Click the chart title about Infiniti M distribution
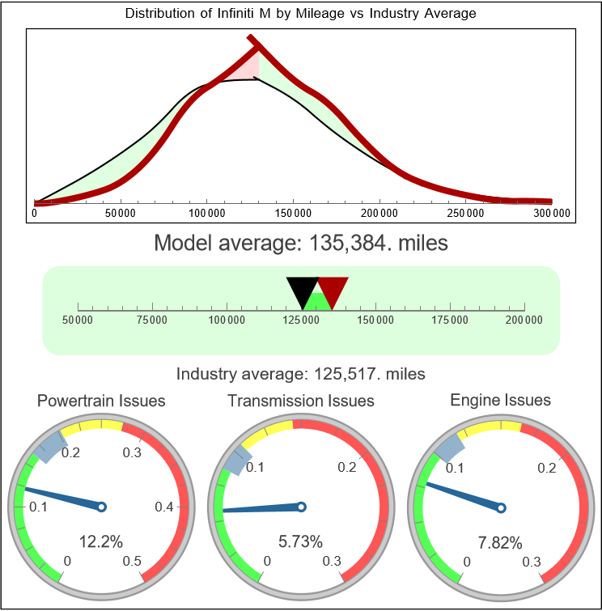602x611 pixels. [x=300, y=14]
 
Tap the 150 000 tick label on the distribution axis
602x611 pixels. [x=293, y=213]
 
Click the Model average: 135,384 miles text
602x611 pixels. [x=300, y=243]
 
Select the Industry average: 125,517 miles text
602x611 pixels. [x=300, y=374]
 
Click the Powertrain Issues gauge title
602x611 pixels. [x=102, y=401]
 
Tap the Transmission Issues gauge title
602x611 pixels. [x=301, y=401]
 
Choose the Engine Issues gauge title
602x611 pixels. [x=500, y=400]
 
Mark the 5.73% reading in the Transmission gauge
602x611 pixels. [x=301, y=541]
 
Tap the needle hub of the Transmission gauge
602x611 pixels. [x=301, y=507]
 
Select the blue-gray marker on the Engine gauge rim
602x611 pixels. [x=450, y=445]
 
